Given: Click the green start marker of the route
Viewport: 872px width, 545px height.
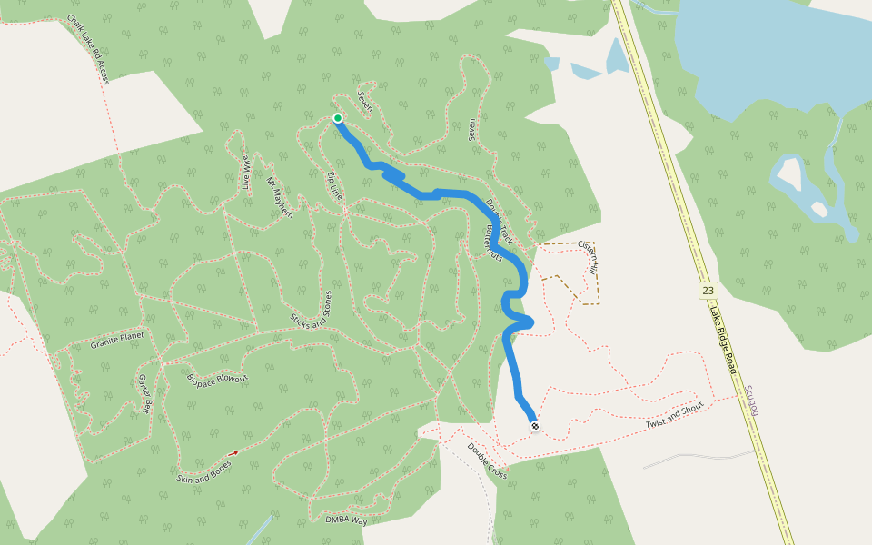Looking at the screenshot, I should tap(338, 118).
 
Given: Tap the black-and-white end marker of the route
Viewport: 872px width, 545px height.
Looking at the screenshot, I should tap(535, 425).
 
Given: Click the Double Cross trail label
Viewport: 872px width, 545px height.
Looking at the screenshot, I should tap(487, 461).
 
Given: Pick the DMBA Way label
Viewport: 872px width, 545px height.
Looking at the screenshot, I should tap(346, 520).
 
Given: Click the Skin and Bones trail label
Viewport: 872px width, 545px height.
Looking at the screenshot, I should tap(203, 471).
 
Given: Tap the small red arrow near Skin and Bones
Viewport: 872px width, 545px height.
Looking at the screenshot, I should tap(233, 452).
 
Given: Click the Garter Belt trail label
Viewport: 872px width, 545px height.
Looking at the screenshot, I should tap(144, 393).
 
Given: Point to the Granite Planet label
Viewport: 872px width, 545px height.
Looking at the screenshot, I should tap(117, 342).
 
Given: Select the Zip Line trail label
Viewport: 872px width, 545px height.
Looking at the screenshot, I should tap(335, 183).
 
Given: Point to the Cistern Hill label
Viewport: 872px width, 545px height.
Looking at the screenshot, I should tap(588, 257).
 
